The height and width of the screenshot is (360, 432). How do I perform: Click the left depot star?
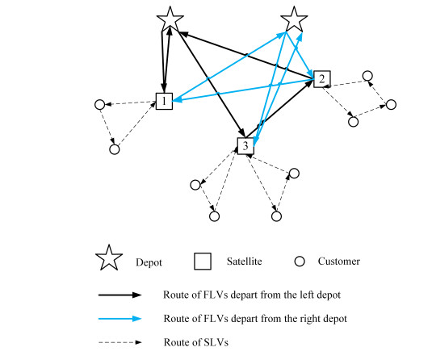169,19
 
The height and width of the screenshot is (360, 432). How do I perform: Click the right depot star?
294,19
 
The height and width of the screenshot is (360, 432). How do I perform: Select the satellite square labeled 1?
165,101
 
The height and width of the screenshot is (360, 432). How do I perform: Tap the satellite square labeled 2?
321,78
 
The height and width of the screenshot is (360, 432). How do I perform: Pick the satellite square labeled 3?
245,145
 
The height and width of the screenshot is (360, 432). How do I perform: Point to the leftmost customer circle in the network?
99,104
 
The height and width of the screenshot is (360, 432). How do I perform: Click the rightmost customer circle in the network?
392,105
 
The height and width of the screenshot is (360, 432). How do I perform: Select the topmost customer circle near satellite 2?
367,76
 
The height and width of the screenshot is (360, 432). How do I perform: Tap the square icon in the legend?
203,261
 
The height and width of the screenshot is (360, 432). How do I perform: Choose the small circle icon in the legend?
299,261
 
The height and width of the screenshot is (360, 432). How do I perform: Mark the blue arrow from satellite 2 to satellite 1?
242,90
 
